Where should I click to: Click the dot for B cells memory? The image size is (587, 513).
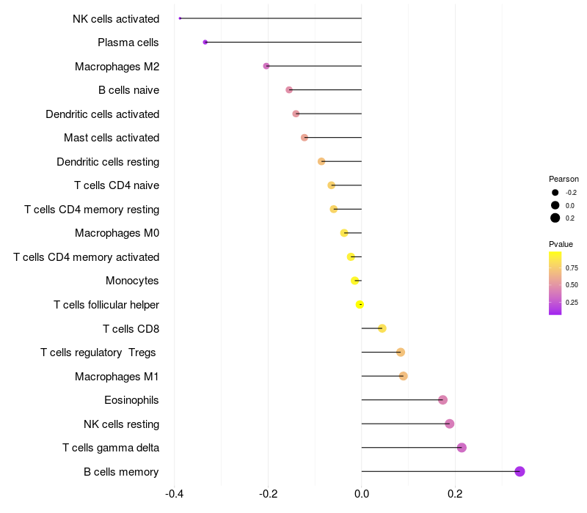pyautogui.click(x=519, y=471)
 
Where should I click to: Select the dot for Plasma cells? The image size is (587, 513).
pyautogui.click(x=205, y=43)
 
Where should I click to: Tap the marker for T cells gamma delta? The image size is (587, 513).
pyautogui.click(x=462, y=448)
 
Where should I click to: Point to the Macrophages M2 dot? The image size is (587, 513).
pyautogui.click(x=266, y=66)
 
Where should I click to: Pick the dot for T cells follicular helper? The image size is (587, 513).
pyautogui.click(x=360, y=304)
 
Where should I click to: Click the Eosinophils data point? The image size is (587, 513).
pyautogui.click(x=442, y=400)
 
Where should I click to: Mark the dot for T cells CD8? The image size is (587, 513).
pyautogui.click(x=382, y=328)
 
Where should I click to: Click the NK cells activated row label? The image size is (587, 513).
pyautogui.click(x=116, y=18)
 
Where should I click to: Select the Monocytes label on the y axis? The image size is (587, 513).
pyautogui.click(x=132, y=281)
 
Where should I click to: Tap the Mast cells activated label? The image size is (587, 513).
pyautogui.click(x=112, y=138)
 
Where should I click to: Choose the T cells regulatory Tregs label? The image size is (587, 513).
pyautogui.click(x=98, y=353)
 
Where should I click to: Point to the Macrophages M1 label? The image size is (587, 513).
pyautogui.click(x=117, y=377)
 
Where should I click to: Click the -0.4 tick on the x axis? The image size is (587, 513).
pyautogui.click(x=175, y=494)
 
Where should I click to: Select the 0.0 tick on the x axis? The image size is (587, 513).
pyautogui.click(x=362, y=494)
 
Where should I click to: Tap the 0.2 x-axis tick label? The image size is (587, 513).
pyautogui.click(x=455, y=494)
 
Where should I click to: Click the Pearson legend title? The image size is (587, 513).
pyautogui.click(x=564, y=179)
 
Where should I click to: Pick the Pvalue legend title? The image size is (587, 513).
pyautogui.click(x=561, y=244)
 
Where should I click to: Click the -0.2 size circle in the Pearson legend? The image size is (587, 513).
pyautogui.click(x=555, y=193)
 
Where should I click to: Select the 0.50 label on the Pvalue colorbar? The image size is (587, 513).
pyautogui.click(x=572, y=284)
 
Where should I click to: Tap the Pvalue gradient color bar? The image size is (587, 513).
pyautogui.click(x=555, y=283)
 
